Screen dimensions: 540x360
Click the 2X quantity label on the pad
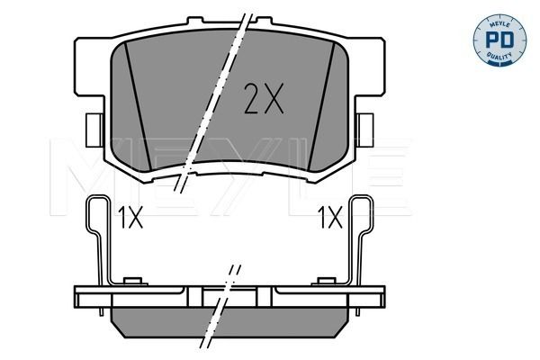click(x=264, y=98)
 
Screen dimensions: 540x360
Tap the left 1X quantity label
click(x=130, y=218)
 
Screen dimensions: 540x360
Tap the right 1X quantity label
click(x=330, y=218)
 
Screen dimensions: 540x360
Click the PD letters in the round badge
click(x=499, y=40)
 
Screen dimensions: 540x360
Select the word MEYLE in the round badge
click(x=499, y=23)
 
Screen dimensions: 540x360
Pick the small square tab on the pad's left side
click(x=94, y=130)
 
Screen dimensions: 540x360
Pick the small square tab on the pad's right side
click(x=365, y=130)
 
